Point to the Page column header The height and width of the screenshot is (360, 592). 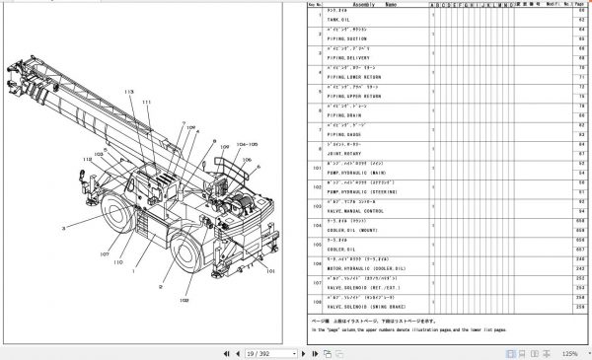pos(583,5)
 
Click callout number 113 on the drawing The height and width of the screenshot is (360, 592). pos(127,91)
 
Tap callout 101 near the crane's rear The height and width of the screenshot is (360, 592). pos(270,269)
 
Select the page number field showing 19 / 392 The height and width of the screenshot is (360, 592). pos(262,352)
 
